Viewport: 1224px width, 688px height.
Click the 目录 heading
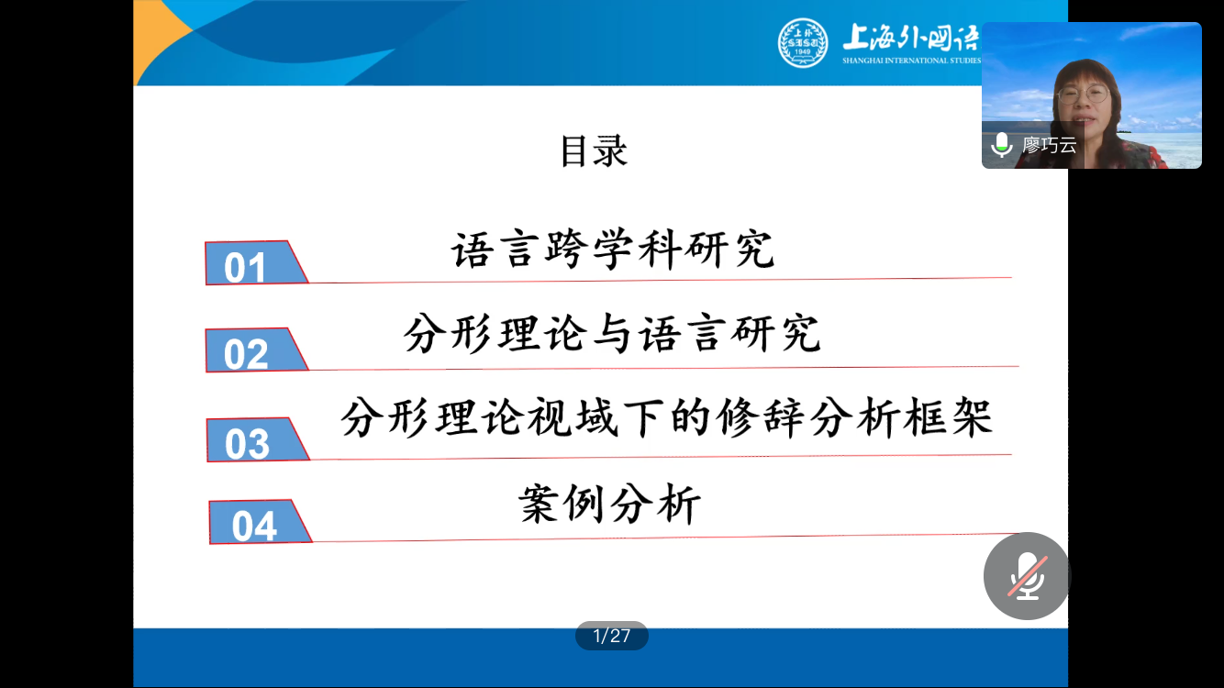coord(594,150)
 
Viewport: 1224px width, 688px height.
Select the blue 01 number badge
coord(256,263)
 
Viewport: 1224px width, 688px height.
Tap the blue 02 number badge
coord(257,350)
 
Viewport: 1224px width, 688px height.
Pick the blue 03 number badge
coord(258,440)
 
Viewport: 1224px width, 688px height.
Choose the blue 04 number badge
coord(260,522)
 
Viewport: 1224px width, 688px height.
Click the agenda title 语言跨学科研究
coord(613,250)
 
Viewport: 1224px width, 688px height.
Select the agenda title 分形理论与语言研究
coord(613,333)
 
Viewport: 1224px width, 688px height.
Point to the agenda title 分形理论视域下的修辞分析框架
coord(667,418)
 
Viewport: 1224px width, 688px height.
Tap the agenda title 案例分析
coord(609,504)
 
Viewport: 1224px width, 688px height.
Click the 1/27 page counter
coord(611,636)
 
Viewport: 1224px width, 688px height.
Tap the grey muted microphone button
coord(1027,576)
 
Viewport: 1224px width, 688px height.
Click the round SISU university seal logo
coord(803,42)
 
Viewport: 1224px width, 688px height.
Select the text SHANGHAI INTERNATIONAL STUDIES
coord(911,61)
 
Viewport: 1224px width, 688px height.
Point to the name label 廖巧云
coord(1049,145)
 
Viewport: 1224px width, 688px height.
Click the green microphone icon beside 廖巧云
coord(1002,145)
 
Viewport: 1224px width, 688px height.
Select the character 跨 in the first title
coord(566,250)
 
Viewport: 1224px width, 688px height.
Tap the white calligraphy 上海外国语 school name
coord(911,38)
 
